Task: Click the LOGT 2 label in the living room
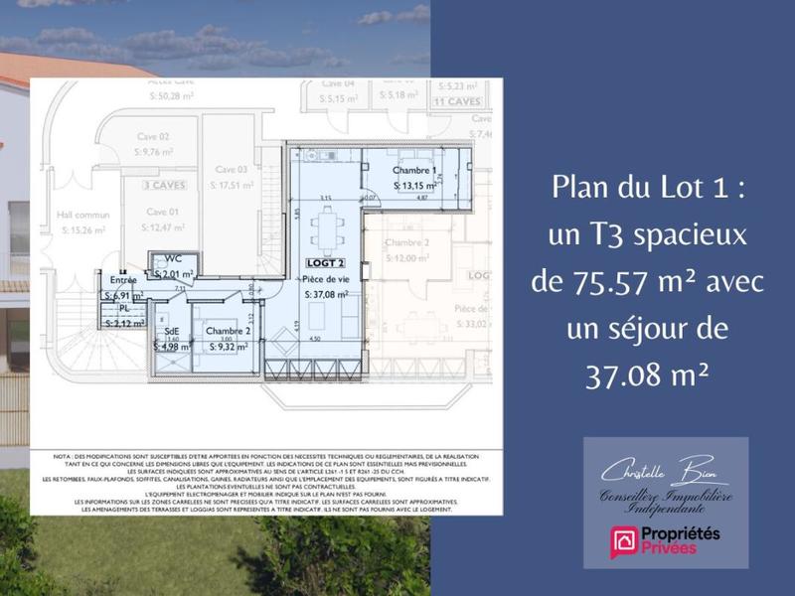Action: point(324,263)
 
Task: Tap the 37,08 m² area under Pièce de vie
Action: point(327,294)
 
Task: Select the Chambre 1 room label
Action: point(414,171)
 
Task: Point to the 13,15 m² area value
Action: point(415,186)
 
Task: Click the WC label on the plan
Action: point(173,259)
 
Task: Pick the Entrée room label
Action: point(124,280)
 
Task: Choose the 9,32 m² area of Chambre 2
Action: point(229,347)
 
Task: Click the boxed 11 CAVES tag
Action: point(456,101)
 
